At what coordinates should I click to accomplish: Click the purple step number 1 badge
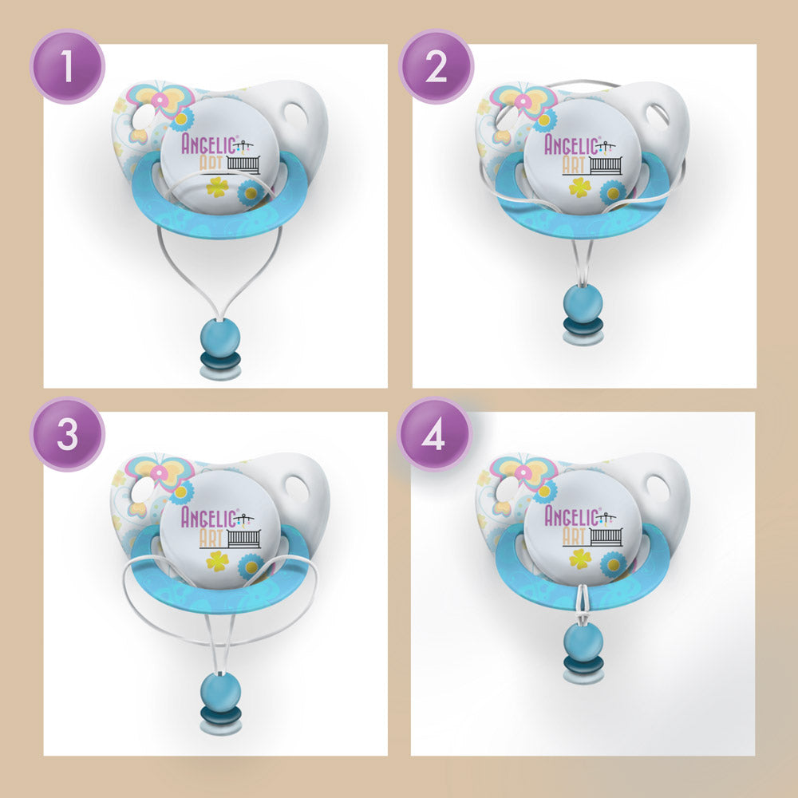(67, 67)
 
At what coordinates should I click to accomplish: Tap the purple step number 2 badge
(436, 67)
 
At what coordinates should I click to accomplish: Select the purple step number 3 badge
(67, 434)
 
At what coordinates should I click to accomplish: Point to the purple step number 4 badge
(434, 434)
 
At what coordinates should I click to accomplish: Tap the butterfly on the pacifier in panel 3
(161, 472)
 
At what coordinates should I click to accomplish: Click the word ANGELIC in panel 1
(207, 144)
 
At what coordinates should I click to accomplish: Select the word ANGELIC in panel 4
(571, 516)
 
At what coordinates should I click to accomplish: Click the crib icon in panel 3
(243, 537)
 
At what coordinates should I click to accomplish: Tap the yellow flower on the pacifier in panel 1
(217, 187)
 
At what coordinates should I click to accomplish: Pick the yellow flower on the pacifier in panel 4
(580, 559)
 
